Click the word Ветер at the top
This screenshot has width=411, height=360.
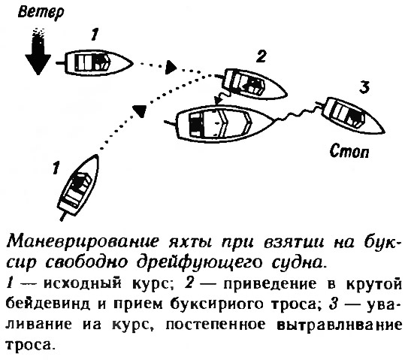(x=41, y=13)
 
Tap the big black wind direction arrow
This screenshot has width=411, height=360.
(x=38, y=51)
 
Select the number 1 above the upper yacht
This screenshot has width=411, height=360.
(x=95, y=35)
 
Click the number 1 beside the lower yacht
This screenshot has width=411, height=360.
(x=56, y=168)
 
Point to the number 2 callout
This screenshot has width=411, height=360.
(x=261, y=56)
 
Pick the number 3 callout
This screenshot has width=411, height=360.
(x=364, y=87)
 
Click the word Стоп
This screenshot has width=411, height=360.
(x=349, y=151)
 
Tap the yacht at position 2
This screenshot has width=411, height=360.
(x=252, y=84)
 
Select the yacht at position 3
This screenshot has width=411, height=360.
(x=350, y=114)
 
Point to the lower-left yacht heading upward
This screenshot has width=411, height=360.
(x=77, y=187)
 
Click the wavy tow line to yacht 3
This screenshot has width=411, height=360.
(x=296, y=113)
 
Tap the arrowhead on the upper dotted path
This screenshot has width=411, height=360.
(x=171, y=67)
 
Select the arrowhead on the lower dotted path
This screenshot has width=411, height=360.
(x=139, y=110)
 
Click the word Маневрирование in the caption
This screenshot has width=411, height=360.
(x=83, y=242)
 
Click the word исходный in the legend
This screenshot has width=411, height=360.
(x=83, y=284)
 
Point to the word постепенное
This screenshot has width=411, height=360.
(x=216, y=325)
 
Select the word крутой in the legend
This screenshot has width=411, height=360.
(x=373, y=284)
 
